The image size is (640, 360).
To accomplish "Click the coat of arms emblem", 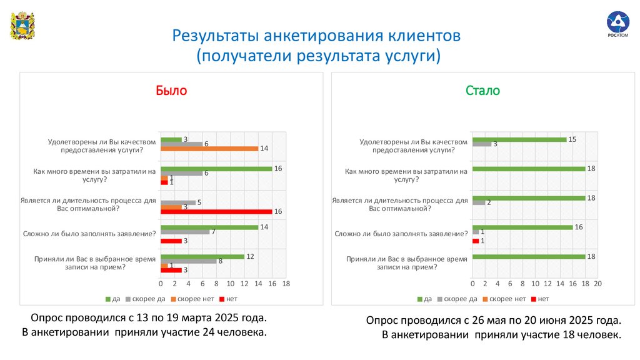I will [22, 26].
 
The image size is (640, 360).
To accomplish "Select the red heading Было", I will [171, 90].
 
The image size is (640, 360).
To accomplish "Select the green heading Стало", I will [482, 90].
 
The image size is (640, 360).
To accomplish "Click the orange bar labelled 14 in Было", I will [209, 148].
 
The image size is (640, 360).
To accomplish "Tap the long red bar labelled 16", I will [216, 212].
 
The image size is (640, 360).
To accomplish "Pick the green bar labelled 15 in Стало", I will [519, 139].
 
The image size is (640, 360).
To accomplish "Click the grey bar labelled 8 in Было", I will [188, 261].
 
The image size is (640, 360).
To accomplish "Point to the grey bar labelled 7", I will [185, 232].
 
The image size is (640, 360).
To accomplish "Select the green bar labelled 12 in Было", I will [202, 256].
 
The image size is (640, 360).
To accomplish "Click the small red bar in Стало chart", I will [476, 241].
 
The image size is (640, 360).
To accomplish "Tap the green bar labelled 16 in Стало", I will [522, 227].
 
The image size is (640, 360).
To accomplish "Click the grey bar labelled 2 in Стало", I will [479, 202].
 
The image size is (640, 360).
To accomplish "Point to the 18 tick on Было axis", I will [286, 284].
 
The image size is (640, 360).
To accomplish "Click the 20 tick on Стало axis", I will [597, 284].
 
